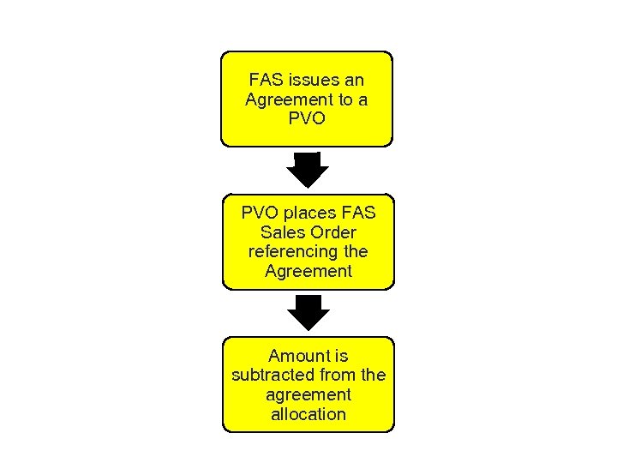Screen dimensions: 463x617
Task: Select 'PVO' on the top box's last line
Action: tap(308, 118)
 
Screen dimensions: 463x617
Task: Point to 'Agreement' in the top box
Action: tap(285, 99)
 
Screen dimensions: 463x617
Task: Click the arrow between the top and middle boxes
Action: tap(307, 170)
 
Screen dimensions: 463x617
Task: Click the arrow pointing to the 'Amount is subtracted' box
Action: tap(308, 313)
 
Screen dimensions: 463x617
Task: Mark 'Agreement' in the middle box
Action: tap(308, 272)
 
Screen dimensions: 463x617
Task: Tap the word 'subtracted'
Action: tap(272, 376)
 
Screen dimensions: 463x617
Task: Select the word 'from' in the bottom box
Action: tap(337, 376)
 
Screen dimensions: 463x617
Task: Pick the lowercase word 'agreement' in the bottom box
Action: tap(308, 395)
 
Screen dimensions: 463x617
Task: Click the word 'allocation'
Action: tap(308, 415)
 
